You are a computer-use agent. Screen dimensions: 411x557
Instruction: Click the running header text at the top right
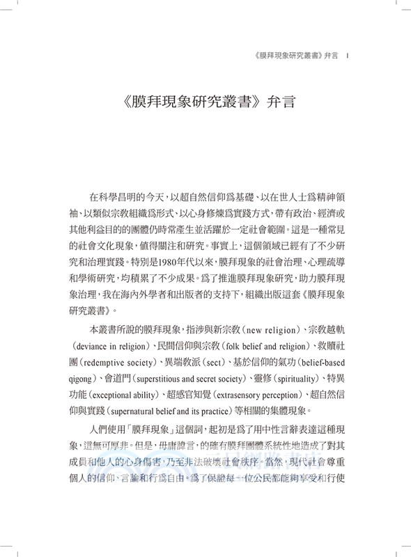coord(287,57)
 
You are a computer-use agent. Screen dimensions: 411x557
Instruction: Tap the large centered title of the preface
coord(205,110)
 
